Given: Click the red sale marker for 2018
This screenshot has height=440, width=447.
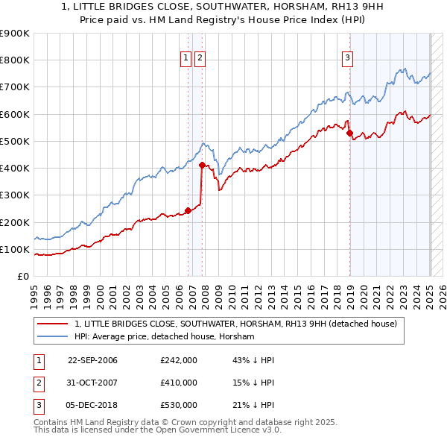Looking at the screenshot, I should click(349, 133).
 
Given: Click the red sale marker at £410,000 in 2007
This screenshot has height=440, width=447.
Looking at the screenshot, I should click(202, 166).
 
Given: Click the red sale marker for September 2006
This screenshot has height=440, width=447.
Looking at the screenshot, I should click(188, 210).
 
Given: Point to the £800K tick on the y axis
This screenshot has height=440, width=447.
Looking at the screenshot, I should click(15, 60).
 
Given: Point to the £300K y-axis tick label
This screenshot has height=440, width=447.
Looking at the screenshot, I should click(15, 195).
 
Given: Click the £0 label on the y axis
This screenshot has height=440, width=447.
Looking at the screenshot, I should click(22, 277).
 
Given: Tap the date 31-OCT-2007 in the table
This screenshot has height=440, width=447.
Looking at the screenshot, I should click(92, 383).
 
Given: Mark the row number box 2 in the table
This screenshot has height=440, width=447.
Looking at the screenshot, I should click(38, 383).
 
